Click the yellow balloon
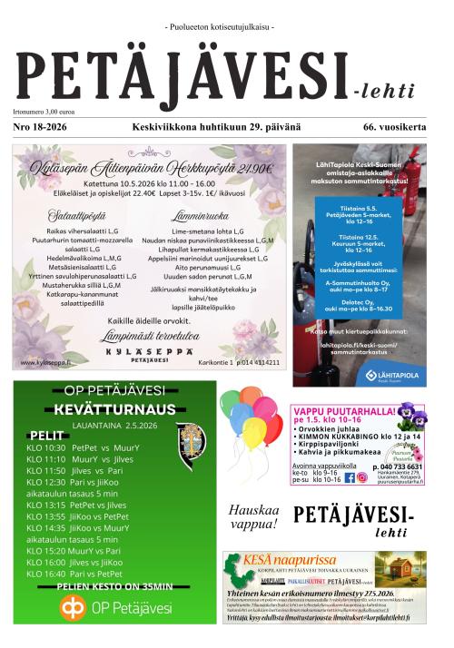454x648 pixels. (x=253, y=433)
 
